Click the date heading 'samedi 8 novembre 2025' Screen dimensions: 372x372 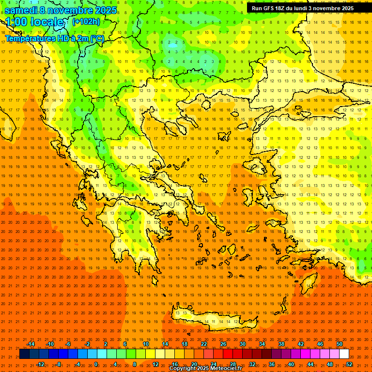61,10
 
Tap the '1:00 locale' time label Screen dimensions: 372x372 35,22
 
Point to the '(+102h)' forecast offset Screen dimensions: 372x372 86,21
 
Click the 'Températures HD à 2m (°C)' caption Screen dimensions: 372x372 54,38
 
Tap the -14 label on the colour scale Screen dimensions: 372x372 31,344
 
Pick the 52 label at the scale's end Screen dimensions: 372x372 349,364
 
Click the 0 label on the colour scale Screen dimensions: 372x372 96,364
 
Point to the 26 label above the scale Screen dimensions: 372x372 223,344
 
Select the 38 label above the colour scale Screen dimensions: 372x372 281,344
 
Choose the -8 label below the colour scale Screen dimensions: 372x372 59,364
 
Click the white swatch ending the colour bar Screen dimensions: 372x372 344,354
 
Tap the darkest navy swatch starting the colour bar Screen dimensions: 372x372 24,354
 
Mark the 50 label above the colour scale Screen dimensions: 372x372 340,344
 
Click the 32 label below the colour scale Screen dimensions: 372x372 252,364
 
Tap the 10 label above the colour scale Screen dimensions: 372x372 145,344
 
